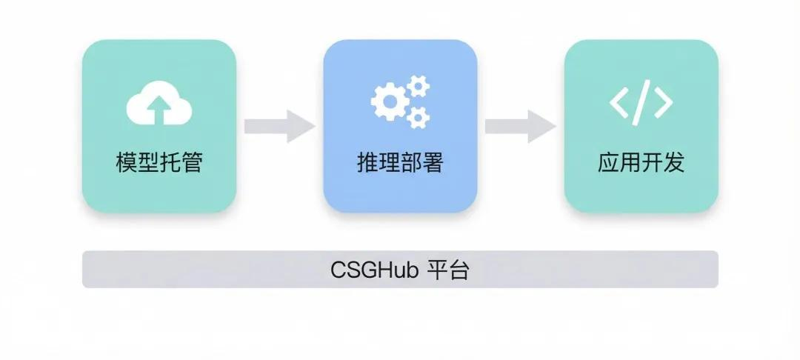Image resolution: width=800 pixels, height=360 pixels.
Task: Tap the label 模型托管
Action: pyautogui.click(x=159, y=163)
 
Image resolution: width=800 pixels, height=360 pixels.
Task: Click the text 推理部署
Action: pyautogui.click(x=400, y=163)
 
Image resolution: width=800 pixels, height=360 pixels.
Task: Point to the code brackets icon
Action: pyautogui.click(x=641, y=101)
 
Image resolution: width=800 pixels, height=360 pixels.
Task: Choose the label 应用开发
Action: pyautogui.click(x=641, y=163)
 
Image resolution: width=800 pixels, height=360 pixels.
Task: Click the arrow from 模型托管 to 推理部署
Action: pyautogui.click(x=279, y=126)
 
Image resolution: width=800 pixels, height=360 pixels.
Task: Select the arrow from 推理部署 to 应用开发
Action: pyautogui.click(x=520, y=126)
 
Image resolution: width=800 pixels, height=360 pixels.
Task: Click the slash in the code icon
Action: pyautogui.click(x=641, y=101)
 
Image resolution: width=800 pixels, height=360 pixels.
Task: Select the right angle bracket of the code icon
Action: pyautogui.click(x=663, y=102)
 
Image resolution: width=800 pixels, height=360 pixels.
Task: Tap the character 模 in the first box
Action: pyautogui.click(x=127, y=163)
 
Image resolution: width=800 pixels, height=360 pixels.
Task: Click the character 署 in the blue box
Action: pyautogui.click(x=432, y=163)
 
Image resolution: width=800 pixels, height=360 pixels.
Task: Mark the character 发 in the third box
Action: pyautogui.click(x=673, y=163)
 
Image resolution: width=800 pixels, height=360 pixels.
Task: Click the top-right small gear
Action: pyautogui.click(x=419, y=86)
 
